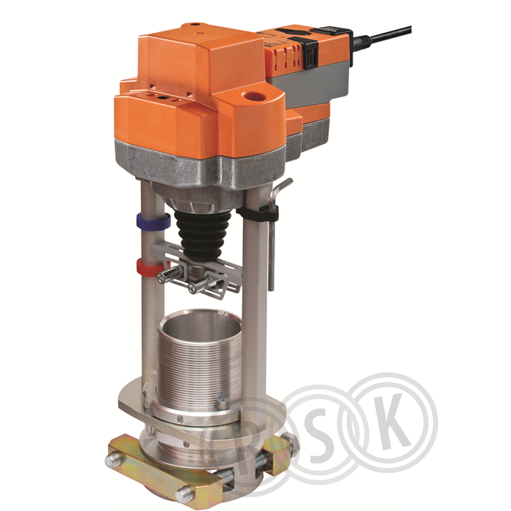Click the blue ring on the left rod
click(153, 222)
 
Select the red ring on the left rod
click(150, 266)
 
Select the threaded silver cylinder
click(199, 358)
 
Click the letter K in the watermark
click(393, 422)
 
